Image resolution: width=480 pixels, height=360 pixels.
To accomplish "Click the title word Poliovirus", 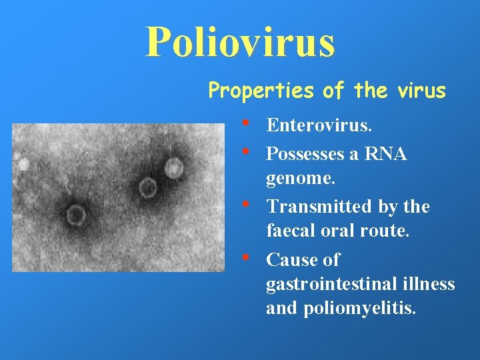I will (240, 41).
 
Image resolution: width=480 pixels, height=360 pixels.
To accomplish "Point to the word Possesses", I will (304, 155).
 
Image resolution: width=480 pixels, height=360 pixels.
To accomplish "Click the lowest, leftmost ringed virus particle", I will (76, 215).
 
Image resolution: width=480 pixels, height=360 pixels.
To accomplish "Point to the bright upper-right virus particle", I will (175, 168).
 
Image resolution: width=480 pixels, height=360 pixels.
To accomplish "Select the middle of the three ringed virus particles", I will (147, 187).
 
